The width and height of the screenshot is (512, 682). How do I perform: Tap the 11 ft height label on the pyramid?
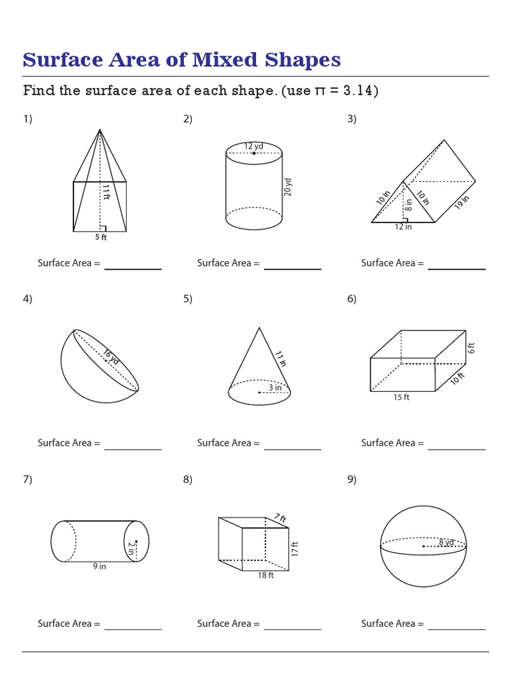point(105,192)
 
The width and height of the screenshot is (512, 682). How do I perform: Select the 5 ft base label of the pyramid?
point(100,237)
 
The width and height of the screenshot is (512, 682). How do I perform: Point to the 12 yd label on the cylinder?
point(253,146)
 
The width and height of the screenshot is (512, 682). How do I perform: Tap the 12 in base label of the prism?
point(403,227)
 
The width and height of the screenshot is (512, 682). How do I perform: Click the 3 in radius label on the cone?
point(275,387)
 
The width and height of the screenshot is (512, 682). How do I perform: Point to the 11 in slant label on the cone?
point(281,358)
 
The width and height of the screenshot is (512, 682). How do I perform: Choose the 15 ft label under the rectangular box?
point(401,398)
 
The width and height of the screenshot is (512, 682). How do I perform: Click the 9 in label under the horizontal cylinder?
point(99,567)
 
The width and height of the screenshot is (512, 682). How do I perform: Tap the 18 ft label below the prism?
point(266,575)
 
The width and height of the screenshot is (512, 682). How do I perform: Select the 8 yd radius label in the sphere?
point(446,542)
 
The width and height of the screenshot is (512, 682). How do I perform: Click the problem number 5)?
point(187,299)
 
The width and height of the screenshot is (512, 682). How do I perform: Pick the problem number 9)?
point(351,480)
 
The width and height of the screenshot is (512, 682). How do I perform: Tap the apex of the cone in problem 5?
point(259,328)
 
